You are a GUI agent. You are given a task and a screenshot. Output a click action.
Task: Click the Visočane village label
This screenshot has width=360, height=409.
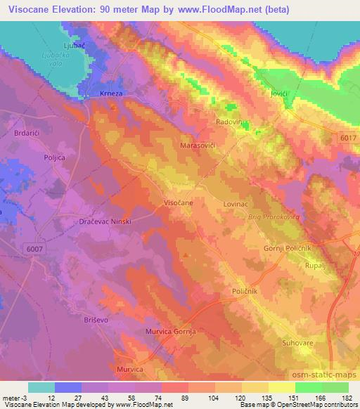click(x=179, y=202)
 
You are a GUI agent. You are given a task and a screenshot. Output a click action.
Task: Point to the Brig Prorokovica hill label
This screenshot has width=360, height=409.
click(x=274, y=217)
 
